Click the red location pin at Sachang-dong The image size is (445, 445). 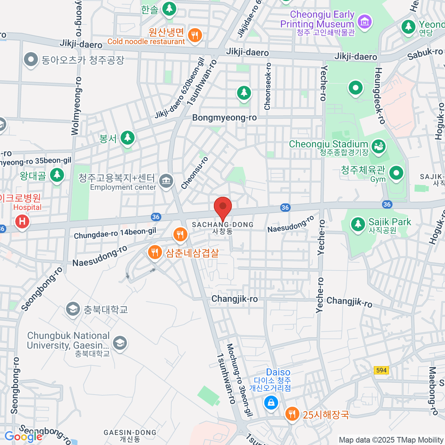pyautogui.click(x=223, y=208)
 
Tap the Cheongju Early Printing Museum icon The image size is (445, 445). pyautogui.click(x=365, y=21)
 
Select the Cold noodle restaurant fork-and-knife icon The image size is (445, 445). pyautogui.click(x=195, y=36)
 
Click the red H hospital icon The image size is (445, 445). pyautogui.click(x=22, y=222)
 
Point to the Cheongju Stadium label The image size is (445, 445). pyautogui.click(x=328, y=144)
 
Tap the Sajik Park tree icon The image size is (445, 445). pyautogui.click(x=358, y=224)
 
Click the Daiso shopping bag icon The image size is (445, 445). pyautogui.click(x=271, y=402)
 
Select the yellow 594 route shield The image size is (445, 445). pyautogui.click(x=381, y=370)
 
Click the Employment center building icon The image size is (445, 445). pyautogui.click(x=166, y=181)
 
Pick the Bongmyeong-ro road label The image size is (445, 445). pyautogui.click(x=224, y=118)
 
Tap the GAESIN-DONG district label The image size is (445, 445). pyautogui.click(x=130, y=433)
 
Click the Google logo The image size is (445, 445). pyautogui.click(x=23, y=436)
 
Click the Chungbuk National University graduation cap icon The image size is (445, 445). pyautogui.click(x=120, y=343)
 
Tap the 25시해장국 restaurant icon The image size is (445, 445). pyautogui.click(x=292, y=414)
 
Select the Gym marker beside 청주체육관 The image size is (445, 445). pyautogui.click(x=396, y=173)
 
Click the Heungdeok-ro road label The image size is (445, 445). pyautogui.click(x=380, y=95)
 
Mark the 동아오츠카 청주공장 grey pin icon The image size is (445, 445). pyautogui.click(x=31, y=59)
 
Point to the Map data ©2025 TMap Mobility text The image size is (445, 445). pyautogui.click(x=391, y=440)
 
